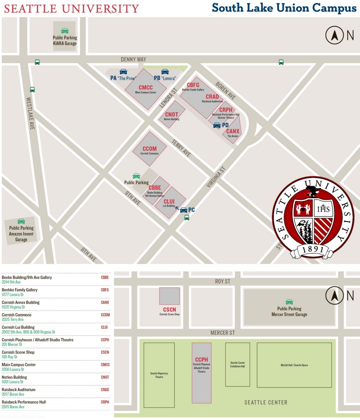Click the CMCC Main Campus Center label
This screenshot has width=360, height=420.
(145, 89)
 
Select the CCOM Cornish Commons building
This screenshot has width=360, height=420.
(149, 149)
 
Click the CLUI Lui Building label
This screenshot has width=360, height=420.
(169, 203)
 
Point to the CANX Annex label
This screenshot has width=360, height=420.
(233, 132)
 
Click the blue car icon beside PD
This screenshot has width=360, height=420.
(217, 125)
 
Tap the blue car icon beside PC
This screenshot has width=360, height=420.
(183, 210)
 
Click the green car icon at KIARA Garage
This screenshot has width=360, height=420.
(65, 31)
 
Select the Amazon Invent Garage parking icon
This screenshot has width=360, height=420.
(21, 221)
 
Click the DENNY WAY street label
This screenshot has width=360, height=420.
(134, 59)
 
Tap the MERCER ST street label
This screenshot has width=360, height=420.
(223, 333)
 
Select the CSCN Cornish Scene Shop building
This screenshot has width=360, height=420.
(169, 296)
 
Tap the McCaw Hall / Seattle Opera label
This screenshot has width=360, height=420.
(294, 365)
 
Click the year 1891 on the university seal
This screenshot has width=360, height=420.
(313, 249)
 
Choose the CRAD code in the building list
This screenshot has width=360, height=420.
(105, 390)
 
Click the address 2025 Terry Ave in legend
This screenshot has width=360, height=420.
(13, 320)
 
